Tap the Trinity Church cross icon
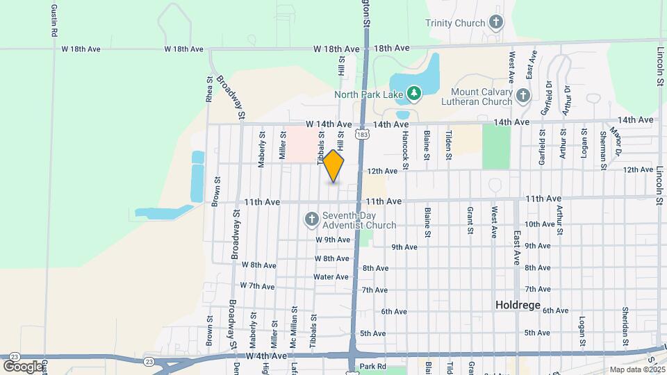point(495,22)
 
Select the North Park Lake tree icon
point(413,92)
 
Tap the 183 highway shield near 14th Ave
point(361,133)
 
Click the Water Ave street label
point(331,276)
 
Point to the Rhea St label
point(209,90)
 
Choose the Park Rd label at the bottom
point(373,367)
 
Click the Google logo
point(23,366)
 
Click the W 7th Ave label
point(258,285)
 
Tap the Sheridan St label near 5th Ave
point(625,326)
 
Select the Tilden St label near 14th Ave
point(449,145)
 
